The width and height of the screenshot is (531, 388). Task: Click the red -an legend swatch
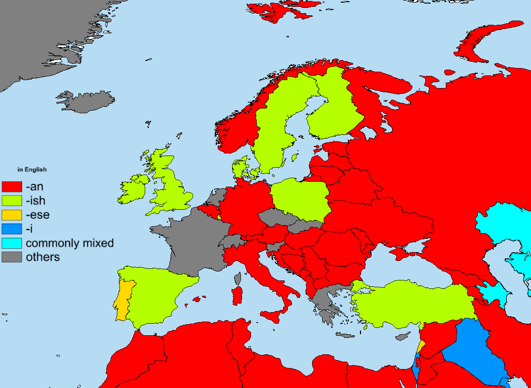click(12, 187)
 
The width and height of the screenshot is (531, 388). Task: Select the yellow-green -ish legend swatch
click(12, 201)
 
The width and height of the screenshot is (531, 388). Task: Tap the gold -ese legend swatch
click(12, 215)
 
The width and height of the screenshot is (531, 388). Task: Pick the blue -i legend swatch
click(12, 229)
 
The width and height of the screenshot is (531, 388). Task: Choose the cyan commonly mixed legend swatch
click(12, 244)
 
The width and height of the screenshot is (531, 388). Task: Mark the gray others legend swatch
click(12, 257)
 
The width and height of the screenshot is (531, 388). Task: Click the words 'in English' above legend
click(32, 170)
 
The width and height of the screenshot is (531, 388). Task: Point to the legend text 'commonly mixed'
click(69, 244)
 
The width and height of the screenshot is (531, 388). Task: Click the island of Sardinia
click(237, 296)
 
